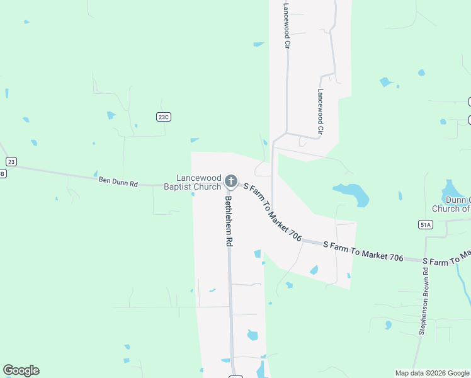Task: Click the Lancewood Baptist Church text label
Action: pyautogui.click(x=192, y=183)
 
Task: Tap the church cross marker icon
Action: pyautogui.click(x=230, y=181)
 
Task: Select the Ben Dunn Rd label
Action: pyautogui.click(x=118, y=181)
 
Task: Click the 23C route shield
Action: pyautogui.click(x=164, y=117)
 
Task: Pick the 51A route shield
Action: pyautogui.click(x=426, y=224)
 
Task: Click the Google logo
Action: pyautogui.click(x=21, y=370)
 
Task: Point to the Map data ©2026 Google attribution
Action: pyautogui.click(x=431, y=373)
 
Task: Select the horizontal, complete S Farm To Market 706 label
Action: pyautogui.click(x=363, y=250)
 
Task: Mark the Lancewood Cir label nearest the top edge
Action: pyautogui.click(x=286, y=25)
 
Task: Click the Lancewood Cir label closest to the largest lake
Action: pyautogui.click(x=320, y=112)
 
